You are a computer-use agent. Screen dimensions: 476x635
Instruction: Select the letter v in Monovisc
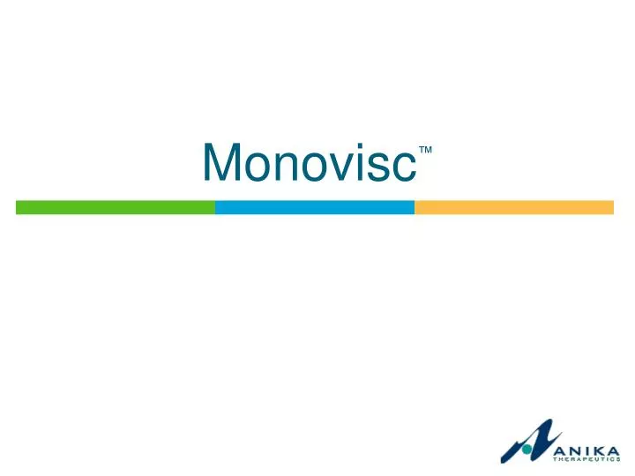[x=332, y=166]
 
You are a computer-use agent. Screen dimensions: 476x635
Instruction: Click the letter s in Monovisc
[x=372, y=166]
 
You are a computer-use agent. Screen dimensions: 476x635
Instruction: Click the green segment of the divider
[x=116, y=207]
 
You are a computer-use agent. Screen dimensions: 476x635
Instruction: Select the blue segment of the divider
[x=315, y=207]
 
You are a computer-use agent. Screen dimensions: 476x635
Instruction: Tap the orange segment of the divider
[x=514, y=207]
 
